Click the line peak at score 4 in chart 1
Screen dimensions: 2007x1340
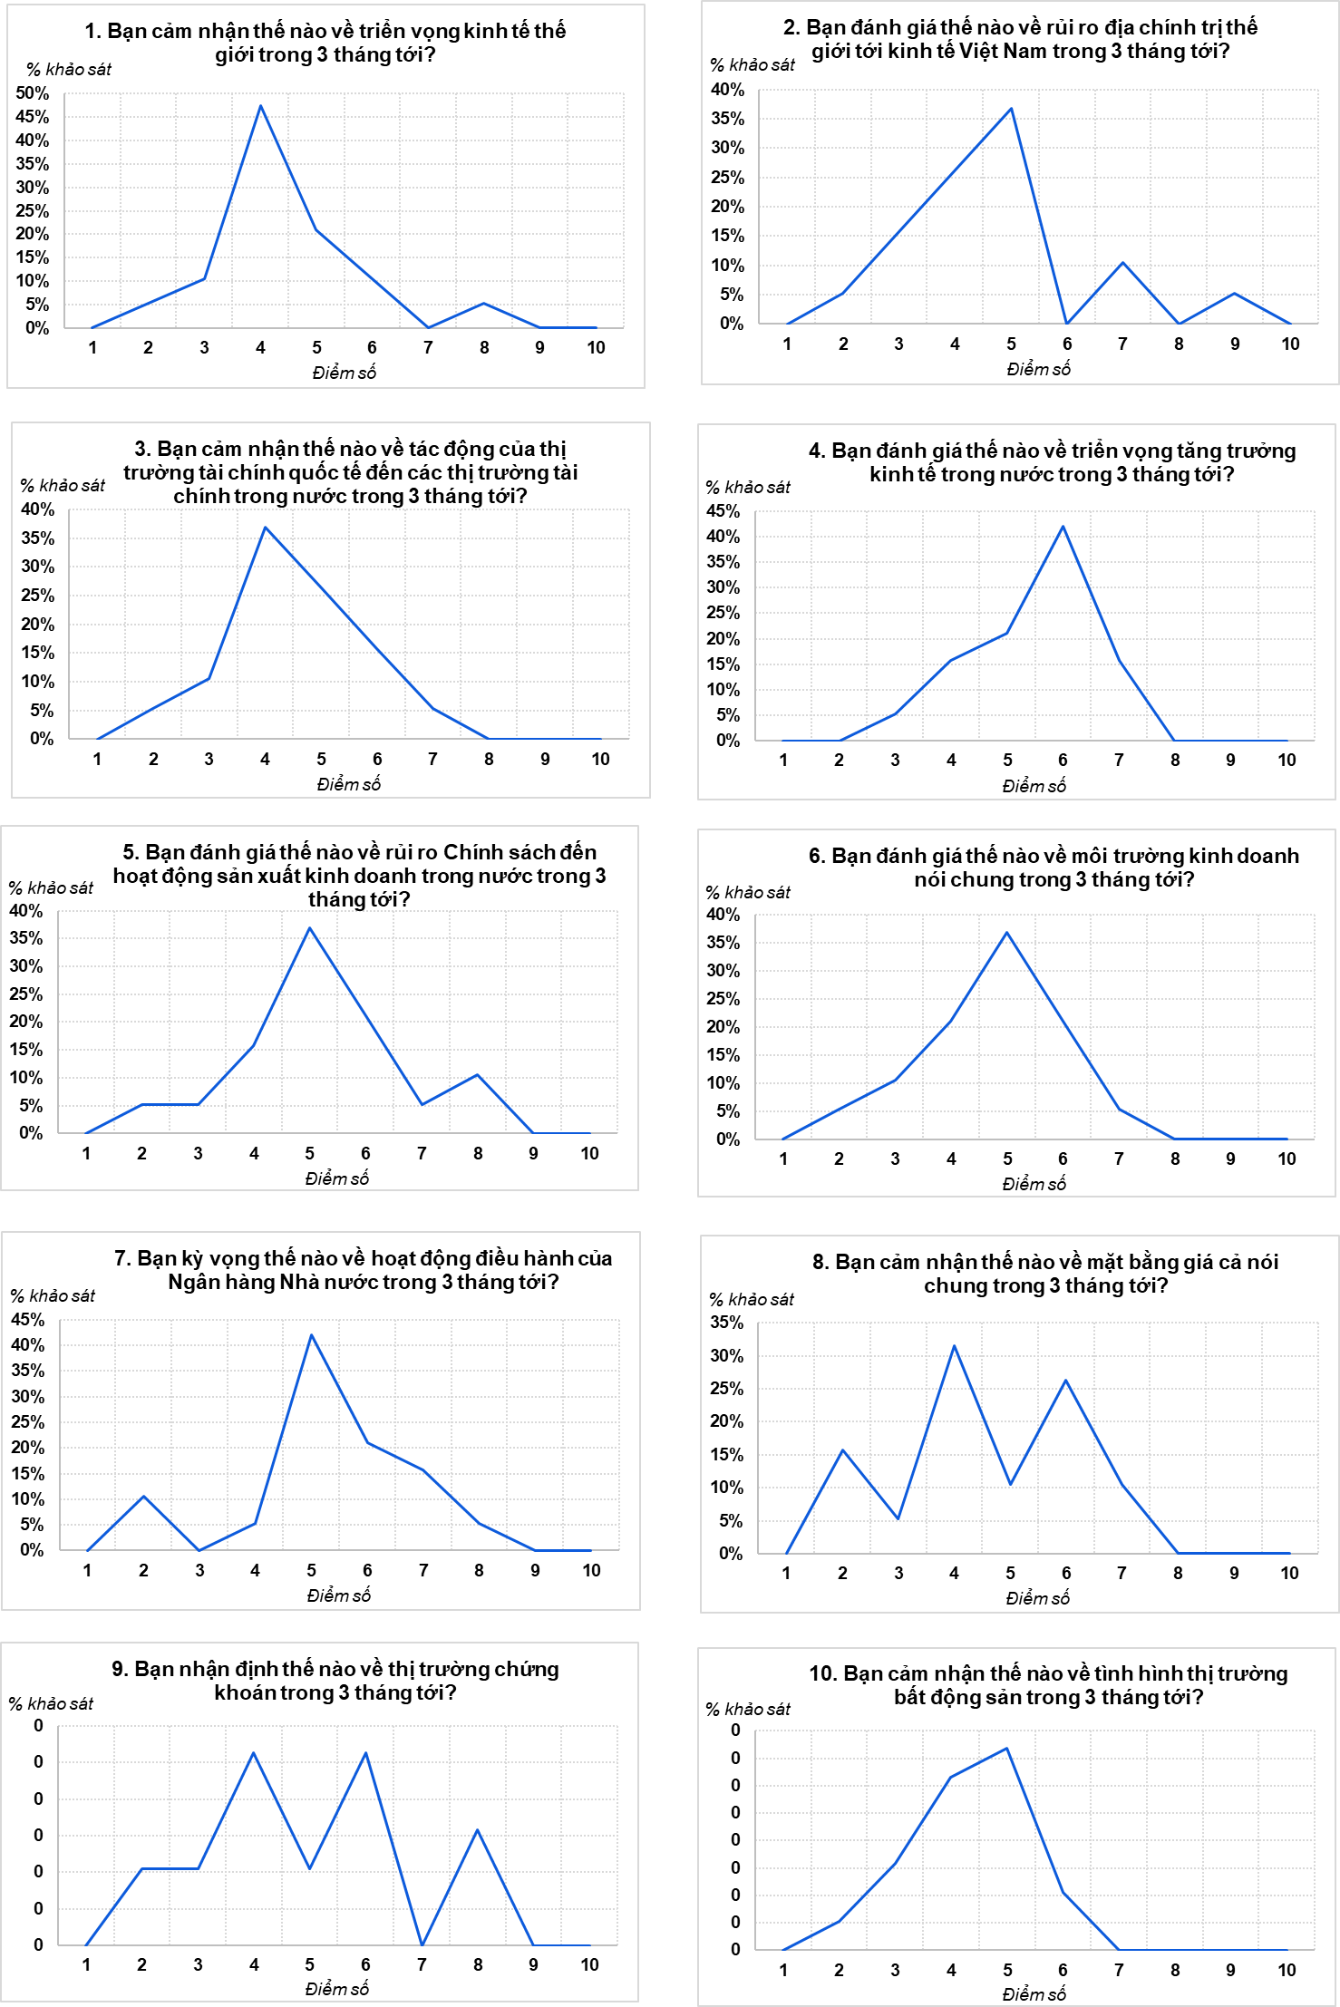click(261, 106)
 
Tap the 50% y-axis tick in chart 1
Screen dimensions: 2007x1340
click(33, 92)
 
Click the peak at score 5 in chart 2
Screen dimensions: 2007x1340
click(1011, 109)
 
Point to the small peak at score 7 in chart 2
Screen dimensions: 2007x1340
click(1123, 263)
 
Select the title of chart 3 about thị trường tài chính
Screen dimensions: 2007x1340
click(350, 472)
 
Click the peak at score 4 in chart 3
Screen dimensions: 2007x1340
click(265, 527)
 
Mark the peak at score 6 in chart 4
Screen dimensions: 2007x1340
click(1063, 527)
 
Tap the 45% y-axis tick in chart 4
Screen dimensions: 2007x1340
click(723, 511)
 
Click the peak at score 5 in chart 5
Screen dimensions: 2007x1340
click(310, 928)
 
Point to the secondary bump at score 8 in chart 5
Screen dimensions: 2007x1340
click(478, 1075)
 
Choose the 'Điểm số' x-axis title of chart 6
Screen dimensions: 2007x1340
click(1034, 1184)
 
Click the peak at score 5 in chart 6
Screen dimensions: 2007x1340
click(1007, 933)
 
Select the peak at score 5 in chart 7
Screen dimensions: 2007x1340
click(312, 1335)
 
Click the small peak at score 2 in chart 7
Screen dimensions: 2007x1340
click(143, 1497)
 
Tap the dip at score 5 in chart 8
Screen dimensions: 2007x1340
click(1010, 1484)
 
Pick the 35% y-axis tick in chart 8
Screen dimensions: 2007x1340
click(726, 1323)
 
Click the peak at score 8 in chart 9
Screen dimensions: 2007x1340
click(478, 1830)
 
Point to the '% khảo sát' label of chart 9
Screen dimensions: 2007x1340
click(51, 1704)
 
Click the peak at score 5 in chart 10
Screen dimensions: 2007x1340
click(1007, 1749)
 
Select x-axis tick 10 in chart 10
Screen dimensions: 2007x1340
click(1287, 1970)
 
